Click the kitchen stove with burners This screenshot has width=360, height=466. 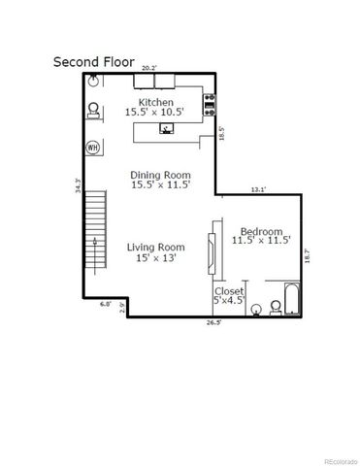click(x=208, y=102)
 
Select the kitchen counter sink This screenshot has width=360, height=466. click(x=166, y=126)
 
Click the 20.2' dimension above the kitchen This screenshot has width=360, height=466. click(x=148, y=68)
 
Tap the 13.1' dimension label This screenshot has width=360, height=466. click(x=256, y=189)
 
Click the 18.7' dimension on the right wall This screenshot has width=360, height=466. click(x=308, y=256)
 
